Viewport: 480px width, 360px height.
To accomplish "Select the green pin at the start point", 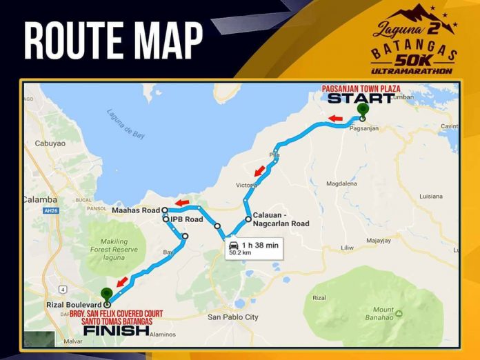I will [x=363, y=109].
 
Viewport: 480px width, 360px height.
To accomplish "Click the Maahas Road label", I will [x=136, y=210].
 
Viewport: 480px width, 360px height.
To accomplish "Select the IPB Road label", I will [x=187, y=219].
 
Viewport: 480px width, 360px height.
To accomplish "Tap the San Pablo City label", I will [x=232, y=317].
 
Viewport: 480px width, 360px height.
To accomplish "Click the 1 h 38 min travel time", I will [x=260, y=245].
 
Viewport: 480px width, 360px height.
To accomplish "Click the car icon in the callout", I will [x=234, y=245].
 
